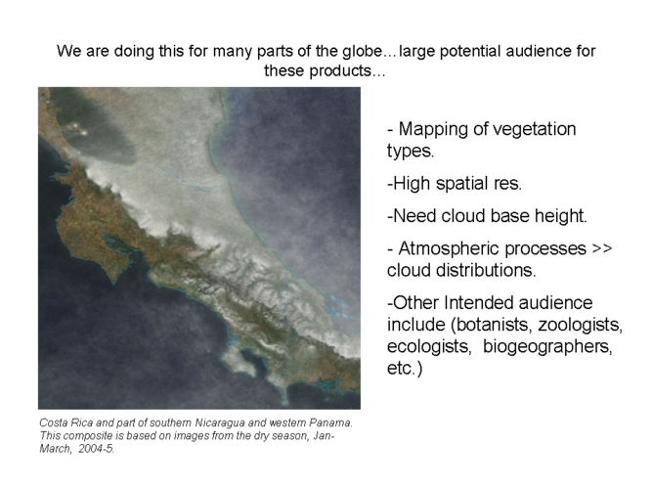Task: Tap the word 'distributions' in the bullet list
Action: [x=485, y=270]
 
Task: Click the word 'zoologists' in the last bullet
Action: [x=581, y=324]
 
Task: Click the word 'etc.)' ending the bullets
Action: [x=404, y=368]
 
